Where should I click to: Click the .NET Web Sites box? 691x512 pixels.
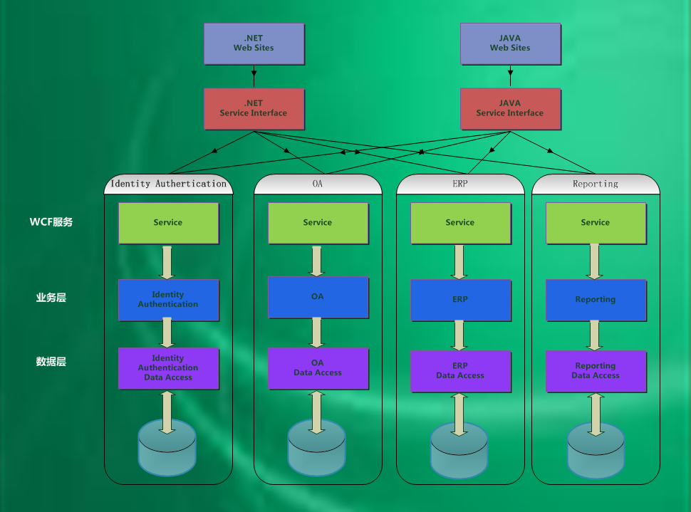click(254, 43)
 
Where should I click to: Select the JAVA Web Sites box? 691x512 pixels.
click(510, 43)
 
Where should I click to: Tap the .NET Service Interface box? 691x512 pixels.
click(254, 108)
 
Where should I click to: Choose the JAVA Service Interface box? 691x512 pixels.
click(510, 108)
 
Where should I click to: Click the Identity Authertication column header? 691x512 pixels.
click(169, 184)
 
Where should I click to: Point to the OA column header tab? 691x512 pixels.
click(318, 184)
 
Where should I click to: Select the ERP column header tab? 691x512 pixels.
click(460, 184)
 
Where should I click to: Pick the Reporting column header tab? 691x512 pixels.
click(596, 184)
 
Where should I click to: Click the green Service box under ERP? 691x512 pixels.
click(460, 223)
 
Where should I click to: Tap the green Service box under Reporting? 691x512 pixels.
click(596, 223)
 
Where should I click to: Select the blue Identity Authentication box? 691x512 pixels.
click(168, 300)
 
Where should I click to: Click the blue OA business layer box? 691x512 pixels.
click(318, 297)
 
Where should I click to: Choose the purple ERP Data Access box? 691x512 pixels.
click(460, 371)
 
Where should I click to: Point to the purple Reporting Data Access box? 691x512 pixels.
click(596, 371)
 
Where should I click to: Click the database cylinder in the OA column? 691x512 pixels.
click(317, 449)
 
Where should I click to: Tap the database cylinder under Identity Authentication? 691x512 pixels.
click(167, 449)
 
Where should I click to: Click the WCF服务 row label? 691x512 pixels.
click(51, 222)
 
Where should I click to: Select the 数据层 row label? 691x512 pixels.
click(51, 362)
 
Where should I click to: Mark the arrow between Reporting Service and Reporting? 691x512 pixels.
click(595, 261)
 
